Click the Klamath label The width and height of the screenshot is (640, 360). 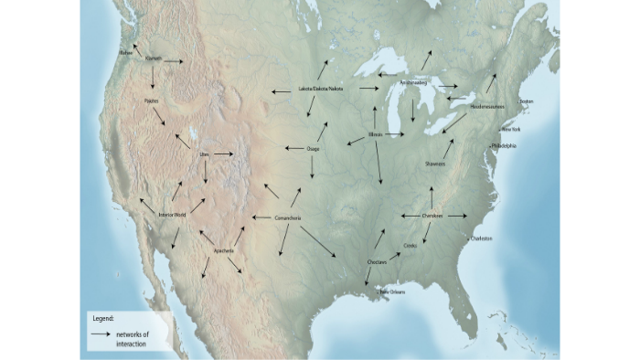(153, 58)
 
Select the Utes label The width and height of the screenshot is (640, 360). (205, 154)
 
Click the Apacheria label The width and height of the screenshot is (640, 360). (223, 250)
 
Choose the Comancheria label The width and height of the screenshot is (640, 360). (288, 218)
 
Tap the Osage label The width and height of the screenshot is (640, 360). (314, 148)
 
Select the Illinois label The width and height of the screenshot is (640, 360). (376, 134)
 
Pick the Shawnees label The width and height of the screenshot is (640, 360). (435, 164)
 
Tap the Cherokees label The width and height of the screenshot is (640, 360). (432, 216)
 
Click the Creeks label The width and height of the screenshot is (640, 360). (409, 246)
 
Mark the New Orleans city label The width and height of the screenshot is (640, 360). (392, 291)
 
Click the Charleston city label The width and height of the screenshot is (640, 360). (481, 238)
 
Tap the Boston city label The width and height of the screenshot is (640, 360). (526, 101)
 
